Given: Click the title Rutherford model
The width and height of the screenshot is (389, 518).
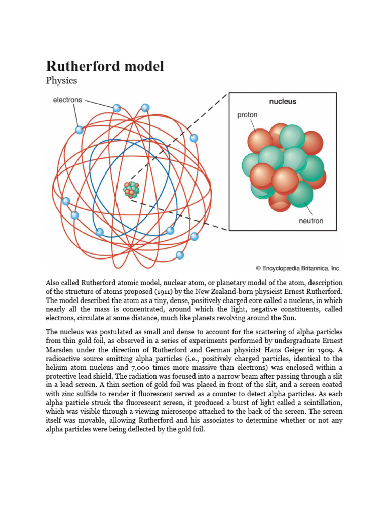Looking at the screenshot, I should click(x=105, y=66).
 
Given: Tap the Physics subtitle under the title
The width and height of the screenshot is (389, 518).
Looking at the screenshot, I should click(x=61, y=81).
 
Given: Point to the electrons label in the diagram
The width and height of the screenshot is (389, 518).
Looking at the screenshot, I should click(x=67, y=100).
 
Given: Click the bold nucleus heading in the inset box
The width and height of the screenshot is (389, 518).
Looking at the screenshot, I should click(x=283, y=101).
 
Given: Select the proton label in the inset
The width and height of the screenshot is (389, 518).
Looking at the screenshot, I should click(x=247, y=115).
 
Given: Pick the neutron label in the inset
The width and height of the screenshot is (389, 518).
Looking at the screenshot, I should click(x=310, y=221).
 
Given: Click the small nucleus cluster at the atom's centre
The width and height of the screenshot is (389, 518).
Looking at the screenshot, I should click(x=131, y=190).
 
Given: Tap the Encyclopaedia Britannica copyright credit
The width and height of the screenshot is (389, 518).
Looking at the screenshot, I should click(x=298, y=268).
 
